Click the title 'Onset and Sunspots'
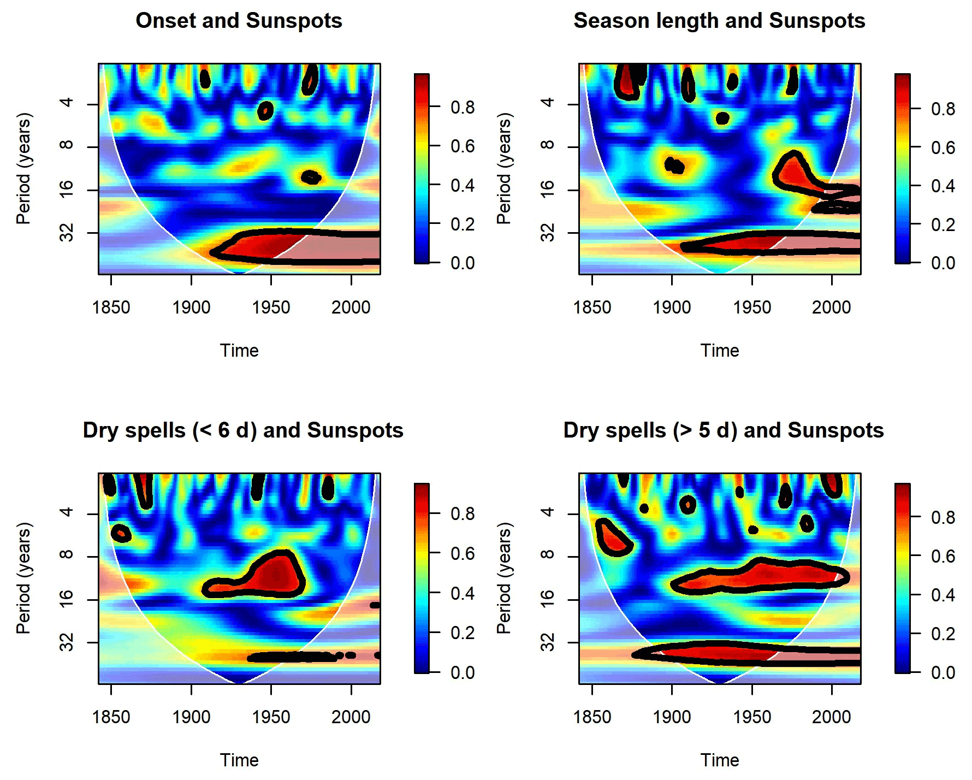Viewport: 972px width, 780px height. [x=239, y=21]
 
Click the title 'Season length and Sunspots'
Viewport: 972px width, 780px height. [x=719, y=21]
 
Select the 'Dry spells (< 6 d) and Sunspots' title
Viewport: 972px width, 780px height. [x=243, y=430]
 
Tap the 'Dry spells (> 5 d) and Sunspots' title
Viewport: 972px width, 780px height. [x=724, y=430]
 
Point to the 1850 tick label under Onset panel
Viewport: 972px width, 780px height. [x=111, y=308]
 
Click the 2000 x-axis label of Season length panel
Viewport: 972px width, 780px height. [x=831, y=308]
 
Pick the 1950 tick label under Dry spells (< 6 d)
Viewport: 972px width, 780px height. [x=271, y=717]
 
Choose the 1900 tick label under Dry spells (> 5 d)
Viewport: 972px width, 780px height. [x=672, y=717]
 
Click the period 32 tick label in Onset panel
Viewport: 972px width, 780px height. [x=66, y=233]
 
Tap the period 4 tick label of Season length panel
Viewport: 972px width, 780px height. [x=547, y=102]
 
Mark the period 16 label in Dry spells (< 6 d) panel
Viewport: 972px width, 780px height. [x=66, y=599]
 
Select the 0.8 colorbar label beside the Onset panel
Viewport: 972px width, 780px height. [x=463, y=108]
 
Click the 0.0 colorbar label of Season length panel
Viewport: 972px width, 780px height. [x=943, y=263]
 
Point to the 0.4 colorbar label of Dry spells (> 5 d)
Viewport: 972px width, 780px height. [x=943, y=595]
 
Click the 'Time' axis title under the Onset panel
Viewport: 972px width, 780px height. [x=239, y=351]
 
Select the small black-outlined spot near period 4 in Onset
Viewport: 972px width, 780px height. [x=265, y=111]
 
